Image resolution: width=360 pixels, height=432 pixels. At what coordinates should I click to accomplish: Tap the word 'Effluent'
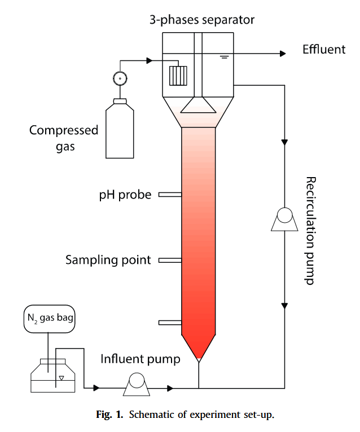click(323, 50)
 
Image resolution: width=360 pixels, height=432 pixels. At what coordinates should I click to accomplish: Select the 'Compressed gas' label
click(64, 139)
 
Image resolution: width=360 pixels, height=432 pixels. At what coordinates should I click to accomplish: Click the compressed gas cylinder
click(120, 129)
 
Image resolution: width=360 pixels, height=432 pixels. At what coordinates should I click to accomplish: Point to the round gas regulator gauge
click(120, 78)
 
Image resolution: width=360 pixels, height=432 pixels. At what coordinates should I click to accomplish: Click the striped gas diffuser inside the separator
click(178, 75)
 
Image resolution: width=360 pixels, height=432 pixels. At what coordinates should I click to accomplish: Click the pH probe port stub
click(169, 195)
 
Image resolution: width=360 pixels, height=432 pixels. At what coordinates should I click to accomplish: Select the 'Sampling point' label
click(108, 260)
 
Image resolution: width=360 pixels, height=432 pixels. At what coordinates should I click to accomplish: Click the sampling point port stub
click(169, 260)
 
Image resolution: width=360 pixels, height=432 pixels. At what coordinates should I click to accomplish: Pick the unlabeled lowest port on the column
click(169, 323)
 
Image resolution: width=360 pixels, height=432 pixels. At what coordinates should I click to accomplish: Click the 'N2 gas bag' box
click(49, 319)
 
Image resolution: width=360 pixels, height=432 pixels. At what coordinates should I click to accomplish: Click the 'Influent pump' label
click(141, 359)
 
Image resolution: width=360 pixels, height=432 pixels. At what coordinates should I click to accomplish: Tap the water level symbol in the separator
click(224, 58)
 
